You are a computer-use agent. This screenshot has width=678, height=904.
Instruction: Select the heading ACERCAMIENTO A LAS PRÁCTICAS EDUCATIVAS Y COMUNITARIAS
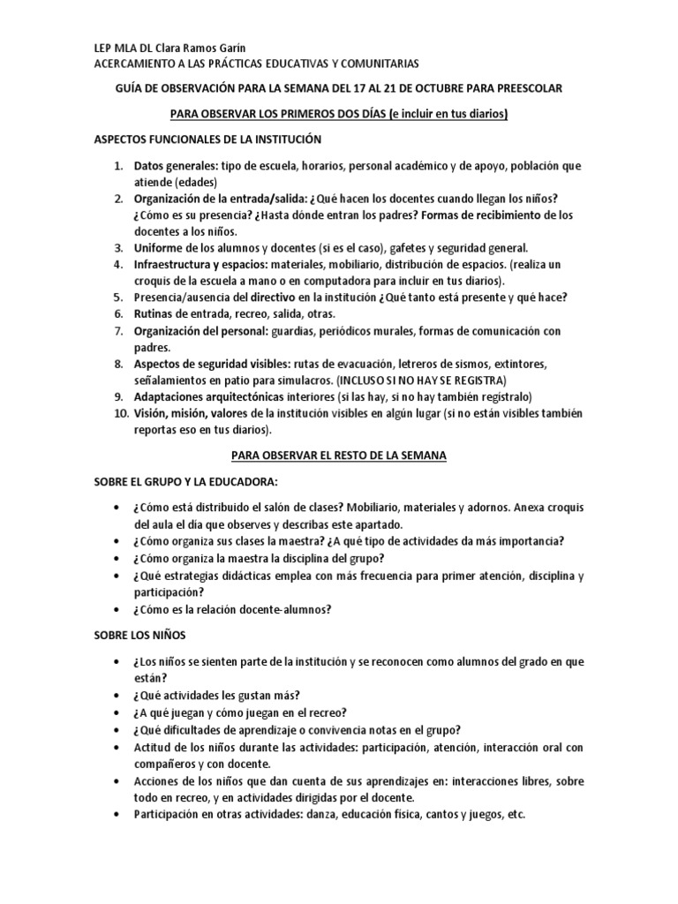(x=257, y=64)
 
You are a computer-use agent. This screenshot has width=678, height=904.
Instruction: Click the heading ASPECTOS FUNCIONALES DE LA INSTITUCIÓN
(x=207, y=139)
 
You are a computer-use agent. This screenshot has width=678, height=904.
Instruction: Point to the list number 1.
(x=119, y=166)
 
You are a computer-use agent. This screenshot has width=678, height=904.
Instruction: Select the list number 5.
(x=119, y=297)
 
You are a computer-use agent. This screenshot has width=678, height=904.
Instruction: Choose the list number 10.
(x=117, y=413)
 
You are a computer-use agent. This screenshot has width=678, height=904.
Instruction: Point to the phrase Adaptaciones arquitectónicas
(x=213, y=395)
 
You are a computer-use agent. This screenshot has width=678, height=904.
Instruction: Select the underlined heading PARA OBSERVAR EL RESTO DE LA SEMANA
(x=339, y=456)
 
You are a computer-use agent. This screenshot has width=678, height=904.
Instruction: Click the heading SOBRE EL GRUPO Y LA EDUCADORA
(x=186, y=481)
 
